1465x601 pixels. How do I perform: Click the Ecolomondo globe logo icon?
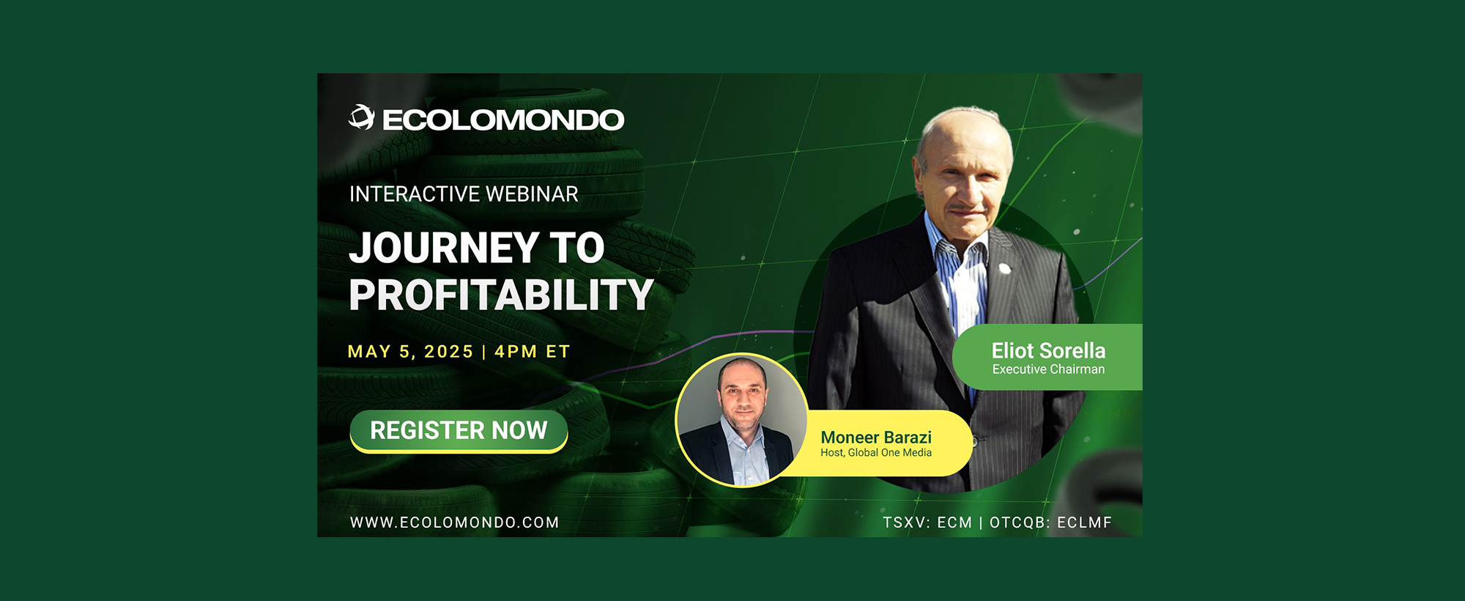(x=361, y=117)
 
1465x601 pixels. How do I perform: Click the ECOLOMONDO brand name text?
(x=503, y=120)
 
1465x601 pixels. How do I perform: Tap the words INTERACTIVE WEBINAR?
(x=464, y=194)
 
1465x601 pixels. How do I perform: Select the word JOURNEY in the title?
(x=445, y=248)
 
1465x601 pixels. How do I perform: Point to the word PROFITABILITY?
(x=501, y=295)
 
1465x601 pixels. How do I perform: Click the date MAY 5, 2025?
(x=410, y=352)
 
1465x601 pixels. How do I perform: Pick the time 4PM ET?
(x=533, y=352)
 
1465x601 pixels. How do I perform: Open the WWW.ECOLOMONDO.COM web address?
(x=454, y=523)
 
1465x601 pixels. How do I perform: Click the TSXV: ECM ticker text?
(x=927, y=523)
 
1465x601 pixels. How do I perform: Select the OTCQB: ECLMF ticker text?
(x=1050, y=523)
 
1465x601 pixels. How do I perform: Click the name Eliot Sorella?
(x=1048, y=351)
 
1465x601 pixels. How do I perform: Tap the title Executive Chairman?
(x=1048, y=369)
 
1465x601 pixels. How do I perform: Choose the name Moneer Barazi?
(x=876, y=438)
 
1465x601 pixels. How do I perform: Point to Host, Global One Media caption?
(x=876, y=453)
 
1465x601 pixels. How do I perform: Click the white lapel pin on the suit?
(x=1005, y=268)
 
